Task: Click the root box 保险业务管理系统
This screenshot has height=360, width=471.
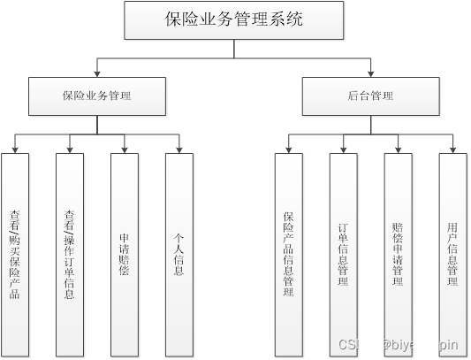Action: (x=234, y=19)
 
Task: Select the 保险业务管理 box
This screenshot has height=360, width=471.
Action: (x=96, y=96)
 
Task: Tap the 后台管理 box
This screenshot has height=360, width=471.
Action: (x=370, y=96)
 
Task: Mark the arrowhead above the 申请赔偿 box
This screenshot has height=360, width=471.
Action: (x=125, y=149)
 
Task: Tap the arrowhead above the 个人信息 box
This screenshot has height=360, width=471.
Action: (x=179, y=149)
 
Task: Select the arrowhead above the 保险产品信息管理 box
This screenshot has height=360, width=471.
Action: (x=288, y=149)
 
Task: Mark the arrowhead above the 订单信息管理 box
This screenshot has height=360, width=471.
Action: (x=343, y=149)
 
